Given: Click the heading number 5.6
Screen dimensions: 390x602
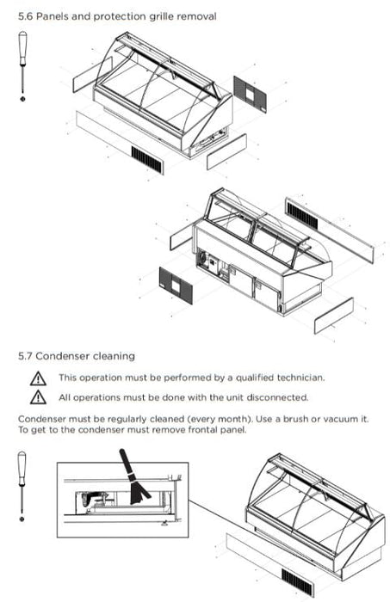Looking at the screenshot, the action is [25, 16].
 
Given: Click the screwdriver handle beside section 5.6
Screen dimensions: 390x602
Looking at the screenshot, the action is [22, 47].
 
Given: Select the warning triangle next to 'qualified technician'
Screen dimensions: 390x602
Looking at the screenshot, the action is [38, 378].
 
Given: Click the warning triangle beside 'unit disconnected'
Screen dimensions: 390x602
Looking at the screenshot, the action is [38, 397].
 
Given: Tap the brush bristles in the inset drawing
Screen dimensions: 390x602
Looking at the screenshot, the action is [139, 492].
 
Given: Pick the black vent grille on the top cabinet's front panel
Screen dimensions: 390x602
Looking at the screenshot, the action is [146, 159].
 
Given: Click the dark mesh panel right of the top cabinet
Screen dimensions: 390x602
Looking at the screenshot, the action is [251, 94].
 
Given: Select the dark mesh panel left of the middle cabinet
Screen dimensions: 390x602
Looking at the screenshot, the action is [176, 286].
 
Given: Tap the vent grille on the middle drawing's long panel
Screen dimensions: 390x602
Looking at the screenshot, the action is [302, 216].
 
